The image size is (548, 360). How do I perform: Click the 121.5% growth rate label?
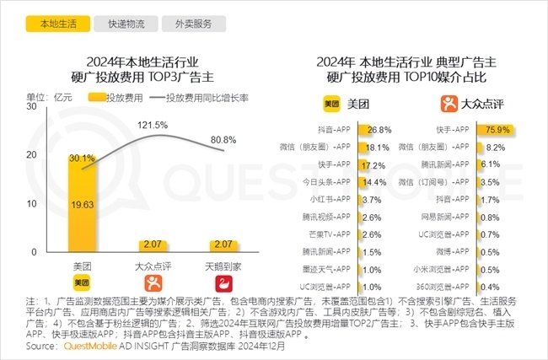tap(153, 124)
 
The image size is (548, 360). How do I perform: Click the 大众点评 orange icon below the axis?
tap(153, 283)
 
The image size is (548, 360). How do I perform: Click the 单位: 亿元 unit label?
tap(44, 98)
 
